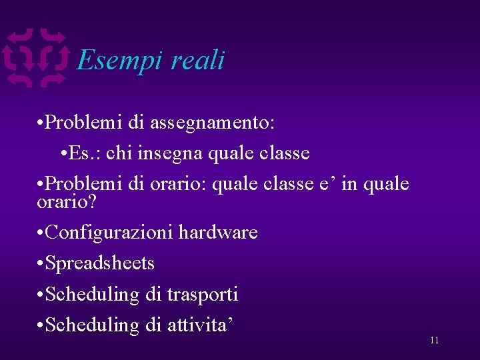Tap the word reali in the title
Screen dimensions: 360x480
198,61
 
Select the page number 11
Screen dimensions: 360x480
434,341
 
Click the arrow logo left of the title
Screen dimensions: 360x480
37,59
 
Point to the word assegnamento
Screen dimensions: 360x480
213,123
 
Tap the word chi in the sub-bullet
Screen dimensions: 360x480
119,153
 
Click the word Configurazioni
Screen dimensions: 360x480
110,233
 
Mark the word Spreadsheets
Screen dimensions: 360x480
100,263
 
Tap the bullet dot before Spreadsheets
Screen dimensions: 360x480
41,264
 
